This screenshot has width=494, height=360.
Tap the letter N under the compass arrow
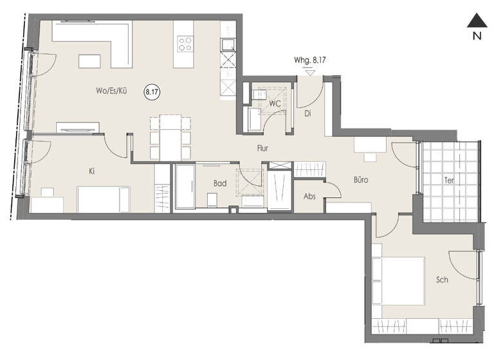coord(477,37)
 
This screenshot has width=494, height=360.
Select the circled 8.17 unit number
coord(152,93)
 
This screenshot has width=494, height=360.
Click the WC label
coord(275,103)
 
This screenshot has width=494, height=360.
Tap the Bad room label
coord(220,183)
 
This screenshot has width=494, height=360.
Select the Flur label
coord(262,148)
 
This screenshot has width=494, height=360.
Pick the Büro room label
coord(360,181)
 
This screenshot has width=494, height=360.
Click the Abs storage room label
coord(309,197)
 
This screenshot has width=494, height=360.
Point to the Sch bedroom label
coord(442,280)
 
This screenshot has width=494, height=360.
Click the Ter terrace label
coord(449,181)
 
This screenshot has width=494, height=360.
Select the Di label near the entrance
coord(307,114)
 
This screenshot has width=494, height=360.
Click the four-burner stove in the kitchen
coord(187,44)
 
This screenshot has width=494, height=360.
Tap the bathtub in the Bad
coord(184,186)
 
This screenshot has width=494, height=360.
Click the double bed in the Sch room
coord(399,280)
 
